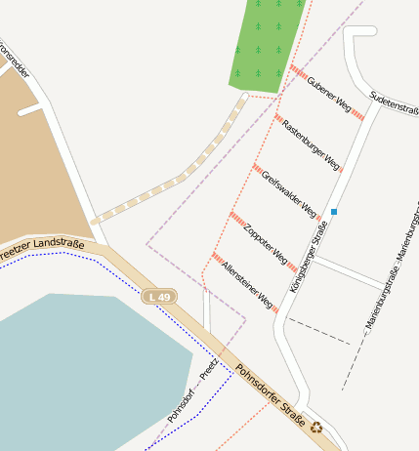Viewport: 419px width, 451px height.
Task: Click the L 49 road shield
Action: point(158,296)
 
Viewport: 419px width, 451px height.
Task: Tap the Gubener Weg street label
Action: point(328,95)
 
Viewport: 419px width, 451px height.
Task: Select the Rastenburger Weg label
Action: point(310,141)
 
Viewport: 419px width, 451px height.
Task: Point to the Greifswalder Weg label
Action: point(289,194)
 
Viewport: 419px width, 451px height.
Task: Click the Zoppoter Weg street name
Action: point(267,245)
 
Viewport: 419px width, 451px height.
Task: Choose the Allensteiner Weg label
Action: point(247,285)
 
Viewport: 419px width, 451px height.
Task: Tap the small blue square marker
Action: point(334,212)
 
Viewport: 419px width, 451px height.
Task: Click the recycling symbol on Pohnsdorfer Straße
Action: point(316,426)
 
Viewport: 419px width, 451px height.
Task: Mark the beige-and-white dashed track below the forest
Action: point(176,180)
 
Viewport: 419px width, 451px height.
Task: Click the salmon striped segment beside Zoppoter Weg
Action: point(237,218)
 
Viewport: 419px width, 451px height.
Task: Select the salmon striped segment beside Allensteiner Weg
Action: point(218,258)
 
